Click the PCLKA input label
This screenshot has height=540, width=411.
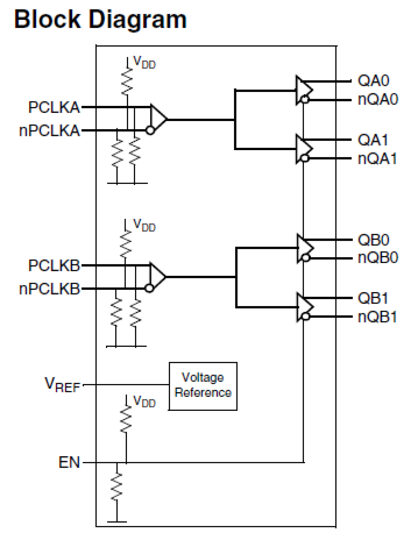(54, 107)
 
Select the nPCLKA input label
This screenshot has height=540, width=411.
(49, 131)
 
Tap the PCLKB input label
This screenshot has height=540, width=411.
(54, 265)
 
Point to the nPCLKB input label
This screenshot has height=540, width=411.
(49, 289)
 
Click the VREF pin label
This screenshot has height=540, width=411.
(62, 385)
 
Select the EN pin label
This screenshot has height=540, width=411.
(69, 462)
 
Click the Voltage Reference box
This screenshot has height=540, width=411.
(203, 386)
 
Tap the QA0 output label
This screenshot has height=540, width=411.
(373, 81)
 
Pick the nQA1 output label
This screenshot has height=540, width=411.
(377, 159)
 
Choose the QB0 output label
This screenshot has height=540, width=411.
(373, 240)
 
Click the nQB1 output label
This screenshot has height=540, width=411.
(377, 317)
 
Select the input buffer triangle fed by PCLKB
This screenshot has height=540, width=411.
(157, 277)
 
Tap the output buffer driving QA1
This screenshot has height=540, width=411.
(303, 149)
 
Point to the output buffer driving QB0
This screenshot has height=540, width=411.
(304, 248)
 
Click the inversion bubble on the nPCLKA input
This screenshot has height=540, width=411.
(150, 131)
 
